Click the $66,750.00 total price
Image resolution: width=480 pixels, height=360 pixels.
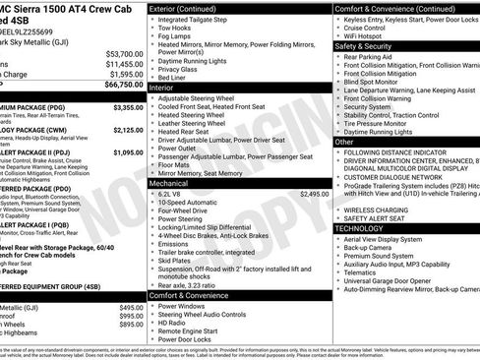coord(119,86)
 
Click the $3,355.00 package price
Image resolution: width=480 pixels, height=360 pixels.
coord(128,107)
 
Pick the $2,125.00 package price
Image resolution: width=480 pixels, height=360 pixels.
coord(128,130)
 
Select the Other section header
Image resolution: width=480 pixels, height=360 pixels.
coord(344,142)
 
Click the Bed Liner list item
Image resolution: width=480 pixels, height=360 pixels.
coord(175,78)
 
